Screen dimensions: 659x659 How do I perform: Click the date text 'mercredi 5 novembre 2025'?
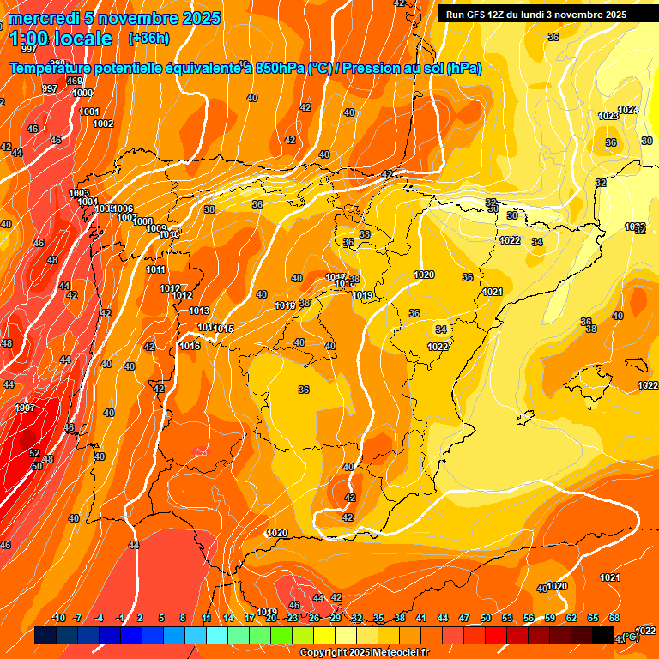(115, 18)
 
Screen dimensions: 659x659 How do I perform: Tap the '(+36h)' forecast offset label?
(149, 39)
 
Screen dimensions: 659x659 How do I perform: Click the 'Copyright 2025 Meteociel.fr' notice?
(365, 653)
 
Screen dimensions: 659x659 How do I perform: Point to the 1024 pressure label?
(628, 110)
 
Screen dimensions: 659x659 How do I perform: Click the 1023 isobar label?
(608, 116)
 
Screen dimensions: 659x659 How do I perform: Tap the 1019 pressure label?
(362, 296)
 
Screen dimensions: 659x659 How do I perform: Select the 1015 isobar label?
(224, 329)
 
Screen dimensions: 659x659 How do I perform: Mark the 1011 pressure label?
(156, 270)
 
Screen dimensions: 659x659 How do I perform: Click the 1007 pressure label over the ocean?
(25, 408)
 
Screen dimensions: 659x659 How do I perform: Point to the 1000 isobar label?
(82, 94)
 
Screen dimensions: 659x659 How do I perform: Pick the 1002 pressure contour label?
(103, 124)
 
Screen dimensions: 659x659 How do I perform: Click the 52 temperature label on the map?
(34, 453)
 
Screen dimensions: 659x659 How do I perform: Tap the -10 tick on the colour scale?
(58, 619)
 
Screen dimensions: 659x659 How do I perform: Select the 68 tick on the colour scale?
(614, 619)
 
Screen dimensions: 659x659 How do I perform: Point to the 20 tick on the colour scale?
(271, 619)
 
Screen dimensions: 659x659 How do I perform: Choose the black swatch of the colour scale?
(603, 636)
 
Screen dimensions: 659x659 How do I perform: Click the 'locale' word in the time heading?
(83, 39)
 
